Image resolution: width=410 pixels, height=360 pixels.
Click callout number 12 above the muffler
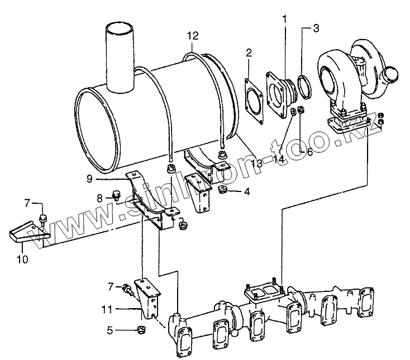[x=193, y=36]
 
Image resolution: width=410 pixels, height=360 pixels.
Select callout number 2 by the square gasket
[x=249, y=54]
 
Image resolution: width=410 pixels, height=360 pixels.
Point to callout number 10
[x=22, y=259]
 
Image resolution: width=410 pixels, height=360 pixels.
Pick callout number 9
[x=89, y=179]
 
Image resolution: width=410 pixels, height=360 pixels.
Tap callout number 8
[x=99, y=197]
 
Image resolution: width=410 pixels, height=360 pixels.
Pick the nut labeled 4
[x=222, y=191]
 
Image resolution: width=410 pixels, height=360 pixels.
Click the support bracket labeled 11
[x=149, y=301]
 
